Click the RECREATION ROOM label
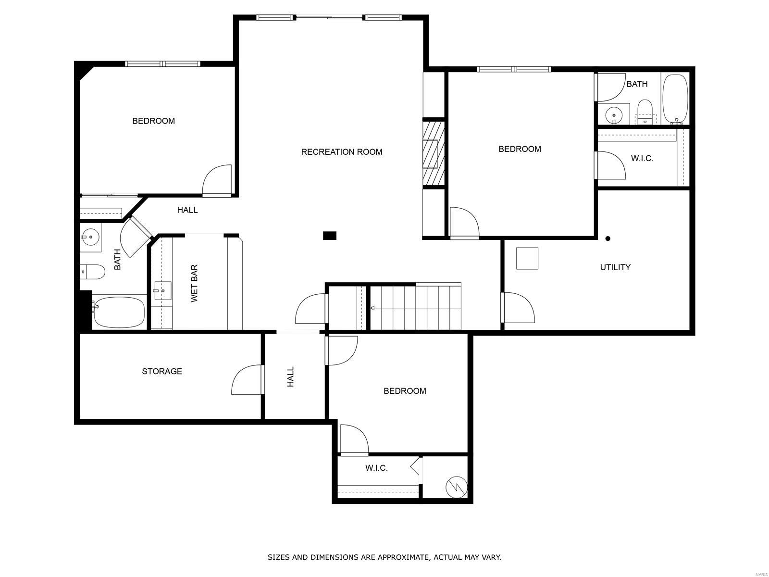click(342, 151)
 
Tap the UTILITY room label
click(615, 267)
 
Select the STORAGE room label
click(162, 371)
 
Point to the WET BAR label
click(195, 283)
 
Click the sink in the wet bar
click(162, 290)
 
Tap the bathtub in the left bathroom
click(119, 312)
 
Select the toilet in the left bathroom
click(92, 272)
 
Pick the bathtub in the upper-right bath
click(675, 99)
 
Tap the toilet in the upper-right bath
click(645, 112)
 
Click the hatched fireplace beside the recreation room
click(434, 153)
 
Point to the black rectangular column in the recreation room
click(329, 236)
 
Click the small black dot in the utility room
click(608, 238)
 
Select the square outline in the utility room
click(527, 258)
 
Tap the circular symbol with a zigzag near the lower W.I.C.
click(457, 487)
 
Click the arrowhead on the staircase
click(372, 308)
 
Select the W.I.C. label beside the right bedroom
click(642, 158)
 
